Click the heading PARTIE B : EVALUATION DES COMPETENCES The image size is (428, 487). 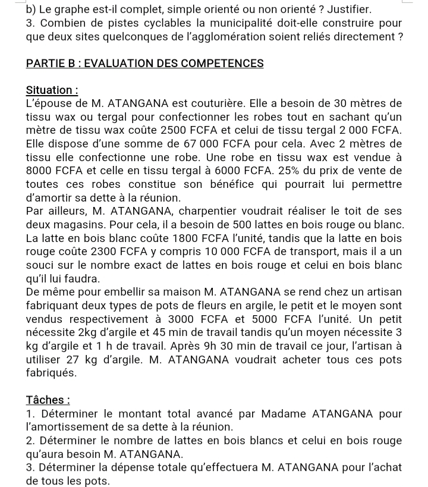(144, 63)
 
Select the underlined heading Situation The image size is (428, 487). (52, 90)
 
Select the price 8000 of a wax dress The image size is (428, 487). (40, 171)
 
